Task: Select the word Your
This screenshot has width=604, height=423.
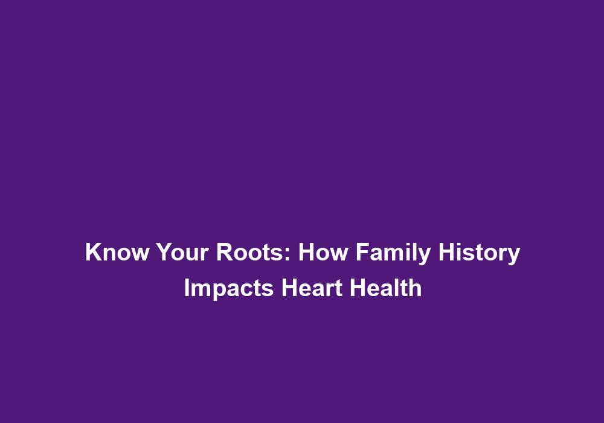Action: pyautogui.click(x=182, y=252)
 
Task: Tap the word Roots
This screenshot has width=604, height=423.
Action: pyautogui.click(x=250, y=252)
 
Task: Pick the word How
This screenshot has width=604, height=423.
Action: pyautogui.click(x=323, y=252)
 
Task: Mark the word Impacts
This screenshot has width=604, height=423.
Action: pyautogui.click(x=229, y=289)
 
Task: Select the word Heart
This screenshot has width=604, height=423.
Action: pyautogui.click(x=312, y=288)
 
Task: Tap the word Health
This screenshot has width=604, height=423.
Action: pyautogui.click(x=385, y=288)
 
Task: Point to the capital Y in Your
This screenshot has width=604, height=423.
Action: pyautogui.click(x=164, y=252)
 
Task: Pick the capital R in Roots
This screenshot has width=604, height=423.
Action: pyautogui.click(x=225, y=252)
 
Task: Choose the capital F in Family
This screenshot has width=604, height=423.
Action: pyautogui.click(x=362, y=252)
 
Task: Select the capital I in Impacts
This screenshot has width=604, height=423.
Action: pyautogui.click(x=187, y=288)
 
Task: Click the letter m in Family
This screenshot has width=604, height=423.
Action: pyautogui.click(x=396, y=254)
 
